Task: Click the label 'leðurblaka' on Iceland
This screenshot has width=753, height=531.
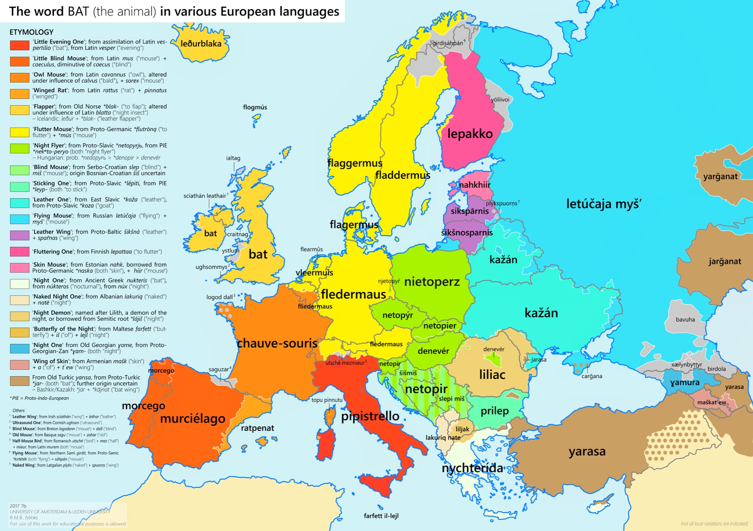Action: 201,44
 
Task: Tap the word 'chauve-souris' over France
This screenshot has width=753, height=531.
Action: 277,343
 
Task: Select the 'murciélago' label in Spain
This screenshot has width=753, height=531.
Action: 193,419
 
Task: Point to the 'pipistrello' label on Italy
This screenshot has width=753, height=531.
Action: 370,416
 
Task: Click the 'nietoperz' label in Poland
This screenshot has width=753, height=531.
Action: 432,282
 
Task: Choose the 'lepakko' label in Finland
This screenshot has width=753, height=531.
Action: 470,134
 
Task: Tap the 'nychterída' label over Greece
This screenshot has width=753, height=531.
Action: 472,468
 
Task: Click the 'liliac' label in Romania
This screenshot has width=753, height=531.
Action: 492,375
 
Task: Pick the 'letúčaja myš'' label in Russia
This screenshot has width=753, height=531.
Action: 604,204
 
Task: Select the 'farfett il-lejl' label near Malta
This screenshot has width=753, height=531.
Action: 381,516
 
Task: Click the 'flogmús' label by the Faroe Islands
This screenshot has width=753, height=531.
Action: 255,107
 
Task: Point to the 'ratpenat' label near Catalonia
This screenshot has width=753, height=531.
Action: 257,428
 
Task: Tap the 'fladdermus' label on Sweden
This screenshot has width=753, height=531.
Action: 403,175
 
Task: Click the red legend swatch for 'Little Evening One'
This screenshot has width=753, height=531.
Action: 19,45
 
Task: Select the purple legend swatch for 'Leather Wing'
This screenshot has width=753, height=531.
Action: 19,235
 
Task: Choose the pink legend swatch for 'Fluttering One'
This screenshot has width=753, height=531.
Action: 19,252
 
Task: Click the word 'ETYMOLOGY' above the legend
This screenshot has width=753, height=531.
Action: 32,32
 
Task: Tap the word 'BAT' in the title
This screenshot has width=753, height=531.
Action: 78,12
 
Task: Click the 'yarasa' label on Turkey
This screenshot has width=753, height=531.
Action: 587,451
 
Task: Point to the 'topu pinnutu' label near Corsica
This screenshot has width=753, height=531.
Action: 327,400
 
